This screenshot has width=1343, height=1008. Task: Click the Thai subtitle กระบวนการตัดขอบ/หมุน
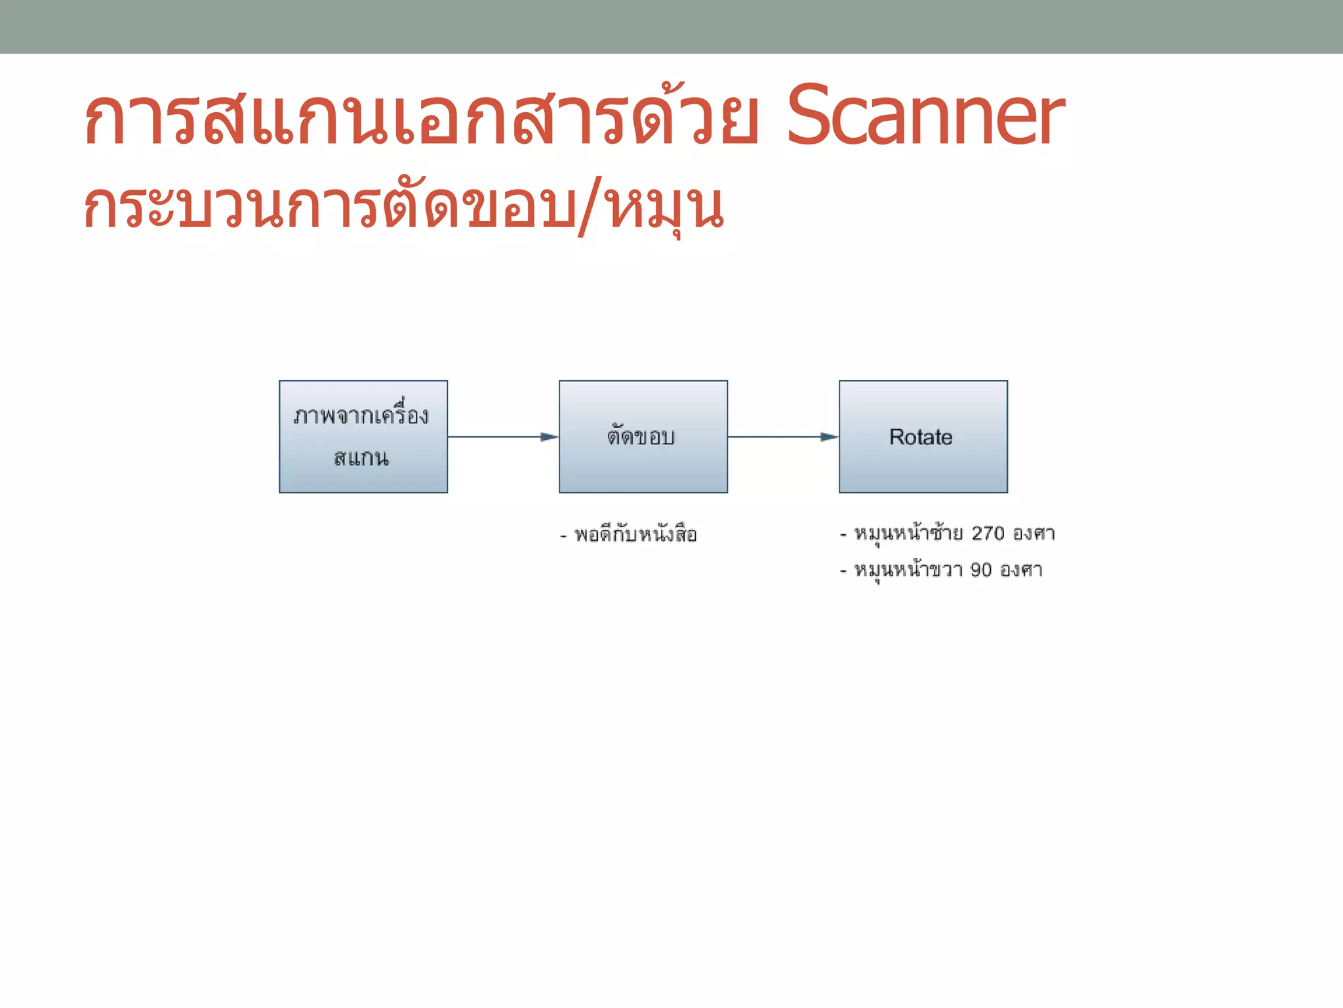coord(403,207)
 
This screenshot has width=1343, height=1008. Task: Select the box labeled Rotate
coord(923,436)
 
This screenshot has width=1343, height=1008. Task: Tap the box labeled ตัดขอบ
coord(643,436)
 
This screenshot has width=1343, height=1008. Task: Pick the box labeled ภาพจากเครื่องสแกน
coord(363,436)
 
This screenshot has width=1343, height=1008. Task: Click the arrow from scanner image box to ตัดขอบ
coord(502,436)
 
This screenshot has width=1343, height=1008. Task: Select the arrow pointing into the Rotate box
coord(782,436)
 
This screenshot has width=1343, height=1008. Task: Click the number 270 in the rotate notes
coord(988,533)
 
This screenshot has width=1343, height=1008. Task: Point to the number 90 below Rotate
coord(981,570)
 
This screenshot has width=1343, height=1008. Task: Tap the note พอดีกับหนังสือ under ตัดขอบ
coord(635,535)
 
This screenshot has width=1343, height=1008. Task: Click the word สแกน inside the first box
coord(361,457)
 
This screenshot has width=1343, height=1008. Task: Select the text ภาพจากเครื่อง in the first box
coord(361,415)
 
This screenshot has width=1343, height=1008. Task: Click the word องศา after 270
coord(1033,533)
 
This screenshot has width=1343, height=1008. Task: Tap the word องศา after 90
coord(1021,570)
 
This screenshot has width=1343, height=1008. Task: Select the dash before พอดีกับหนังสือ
coord(563,536)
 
